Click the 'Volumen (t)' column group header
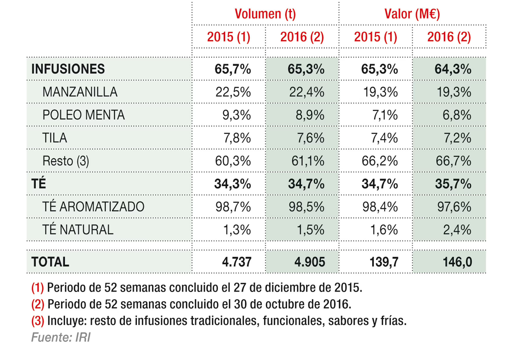pyautogui.click(x=265, y=14)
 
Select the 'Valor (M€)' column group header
pyautogui.click(x=412, y=14)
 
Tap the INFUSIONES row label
pyautogui.click(x=68, y=69)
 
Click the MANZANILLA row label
pyautogui.click(x=80, y=92)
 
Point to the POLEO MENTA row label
pyautogui.click(x=83, y=115)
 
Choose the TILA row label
pyautogui.click(x=55, y=138)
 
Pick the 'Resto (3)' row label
pyautogui.click(x=66, y=161)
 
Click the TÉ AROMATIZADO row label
pyautogui.click(x=93, y=207)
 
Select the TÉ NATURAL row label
pyautogui.click(x=78, y=230)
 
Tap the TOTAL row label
pyautogui.click(x=50, y=262)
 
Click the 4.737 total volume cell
pyautogui.click(x=236, y=262)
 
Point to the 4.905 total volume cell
pyautogui.click(x=310, y=262)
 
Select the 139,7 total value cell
pyautogui.click(x=384, y=262)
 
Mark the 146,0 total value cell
pyautogui.click(x=457, y=262)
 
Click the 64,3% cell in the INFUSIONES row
pyautogui.click(x=453, y=69)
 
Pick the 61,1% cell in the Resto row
pyautogui.click(x=308, y=161)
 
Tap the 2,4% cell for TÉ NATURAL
pyautogui.click(x=457, y=230)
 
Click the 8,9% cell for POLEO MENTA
pyautogui.click(x=310, y=115)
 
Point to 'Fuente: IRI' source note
pyautogui.click(x=61, y=337)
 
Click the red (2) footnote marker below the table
pyautogui.click(x=38, y=304)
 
